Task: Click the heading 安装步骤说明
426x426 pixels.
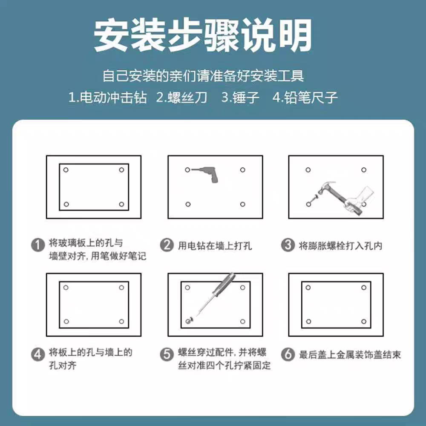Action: (x=203, y=35)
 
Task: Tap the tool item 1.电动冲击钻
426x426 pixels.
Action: (x=108, y=97)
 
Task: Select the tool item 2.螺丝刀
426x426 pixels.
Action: (x=182, y=97)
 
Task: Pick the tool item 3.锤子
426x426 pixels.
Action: (x=240, y=97)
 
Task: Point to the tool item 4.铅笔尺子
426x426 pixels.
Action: (x=305, y=97)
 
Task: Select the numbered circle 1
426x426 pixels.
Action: (x=38, y=245)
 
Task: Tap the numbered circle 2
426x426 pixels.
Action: (x=167, y=245)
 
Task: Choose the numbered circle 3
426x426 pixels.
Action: (x=288, y=245)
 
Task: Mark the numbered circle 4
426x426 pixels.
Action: (x=38, y=354)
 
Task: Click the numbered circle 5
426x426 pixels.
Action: (x=167, y=354)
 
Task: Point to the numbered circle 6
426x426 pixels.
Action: (x=288, y=354)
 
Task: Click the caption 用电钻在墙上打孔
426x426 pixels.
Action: (x=215, y=246)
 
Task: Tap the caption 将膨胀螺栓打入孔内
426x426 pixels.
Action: (x=340, y=246)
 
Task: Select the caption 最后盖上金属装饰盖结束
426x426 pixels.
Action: (x=350, y=355)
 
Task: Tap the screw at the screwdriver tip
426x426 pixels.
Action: (x=190, y=319)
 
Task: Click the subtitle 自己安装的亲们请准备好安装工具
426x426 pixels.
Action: (x=203, y=76)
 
